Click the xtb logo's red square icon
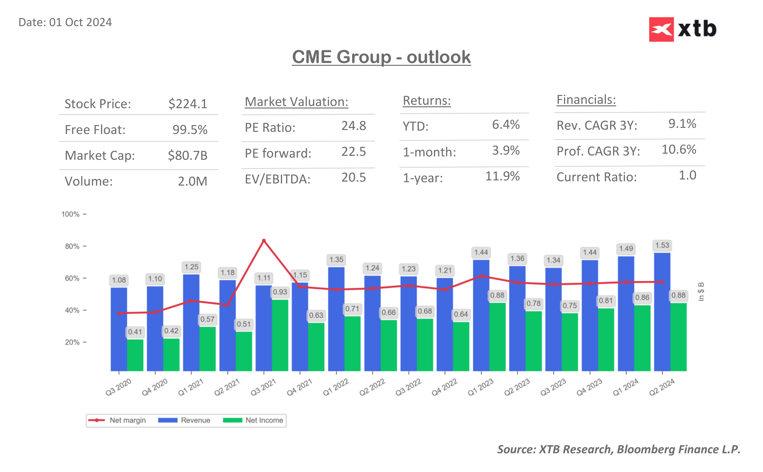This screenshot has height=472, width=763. click(x=661, y=29)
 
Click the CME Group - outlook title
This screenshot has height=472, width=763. click(x=381, y=57)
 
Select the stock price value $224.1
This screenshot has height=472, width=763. click(x=188, y=104)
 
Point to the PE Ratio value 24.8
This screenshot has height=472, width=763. click(x=353, y=126)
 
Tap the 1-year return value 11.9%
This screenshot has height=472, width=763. click(x=502, y=176)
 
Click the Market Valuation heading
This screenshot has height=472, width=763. click(x=296, y=102)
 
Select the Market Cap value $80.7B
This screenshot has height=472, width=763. click(x=187, y=155)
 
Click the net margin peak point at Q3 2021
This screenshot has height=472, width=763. click(x=264, y=241)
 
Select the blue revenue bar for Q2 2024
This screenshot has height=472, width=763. click(x=662, y=312)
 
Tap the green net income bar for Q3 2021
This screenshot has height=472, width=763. click(x=280, y=336)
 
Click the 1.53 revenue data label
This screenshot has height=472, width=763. click(x=662, y=245)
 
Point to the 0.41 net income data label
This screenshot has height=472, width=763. click(x=135, y=332)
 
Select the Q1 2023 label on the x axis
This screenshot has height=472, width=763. click(x=480, y=387)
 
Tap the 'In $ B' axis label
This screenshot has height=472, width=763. click(x=701, y=292)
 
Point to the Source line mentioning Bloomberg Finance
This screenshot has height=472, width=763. click(x=618, y=449)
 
